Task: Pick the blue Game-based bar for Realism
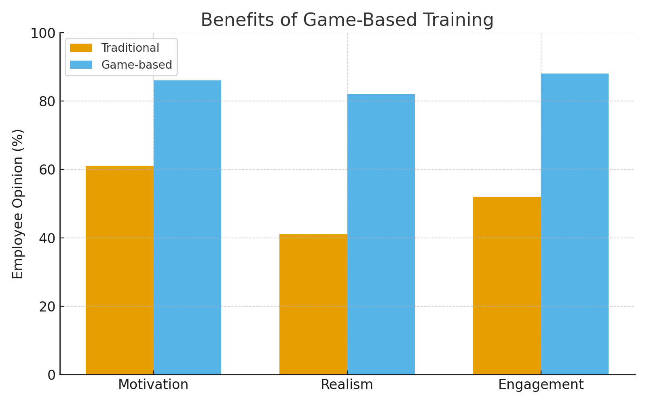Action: (381, 234)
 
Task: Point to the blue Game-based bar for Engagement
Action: (575, 224)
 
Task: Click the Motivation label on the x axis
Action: (153, 385)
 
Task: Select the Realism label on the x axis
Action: (347, 385)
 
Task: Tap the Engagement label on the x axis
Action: (541, 385)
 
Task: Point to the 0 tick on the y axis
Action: (51, 375)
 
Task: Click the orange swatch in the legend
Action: (81, 48)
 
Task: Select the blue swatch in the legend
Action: (81, 65)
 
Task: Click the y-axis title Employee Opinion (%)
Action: (18, 204)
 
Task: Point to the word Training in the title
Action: (455, 20)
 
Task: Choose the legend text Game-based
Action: (137, 65)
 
